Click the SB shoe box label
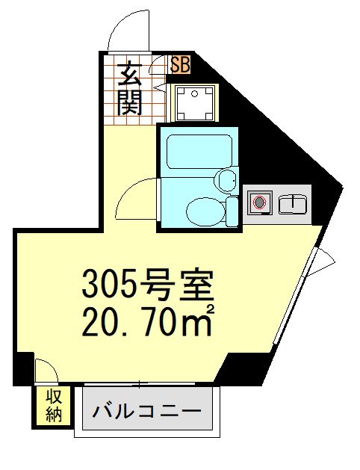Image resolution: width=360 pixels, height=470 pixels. pyautogui.click(x=180, y=65)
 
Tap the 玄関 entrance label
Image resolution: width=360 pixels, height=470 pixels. pyautogui.click(x=129, y=88)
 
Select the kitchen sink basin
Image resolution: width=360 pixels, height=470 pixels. pyautogui.click(x=294, y=202)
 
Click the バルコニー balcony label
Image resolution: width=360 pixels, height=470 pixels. pyautogui.click(x=146, y=412)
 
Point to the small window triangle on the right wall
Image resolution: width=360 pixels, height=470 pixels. pyautogui.click(x=326, y=259)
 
